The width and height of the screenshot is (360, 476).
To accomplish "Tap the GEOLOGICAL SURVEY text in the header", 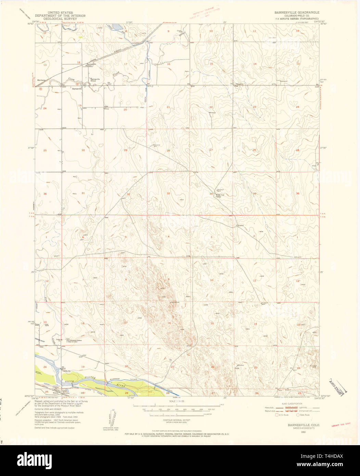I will coord(60,19).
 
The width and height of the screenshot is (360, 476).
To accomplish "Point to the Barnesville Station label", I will coord(91,65).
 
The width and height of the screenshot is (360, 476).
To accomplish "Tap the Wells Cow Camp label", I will coord(219,196).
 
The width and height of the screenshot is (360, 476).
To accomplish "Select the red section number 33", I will coord(168,193).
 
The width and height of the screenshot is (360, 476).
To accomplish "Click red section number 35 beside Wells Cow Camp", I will coord(255,193).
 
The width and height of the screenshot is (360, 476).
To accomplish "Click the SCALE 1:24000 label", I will coord(177,401).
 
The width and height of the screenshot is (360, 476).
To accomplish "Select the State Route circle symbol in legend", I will coord(298,415).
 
